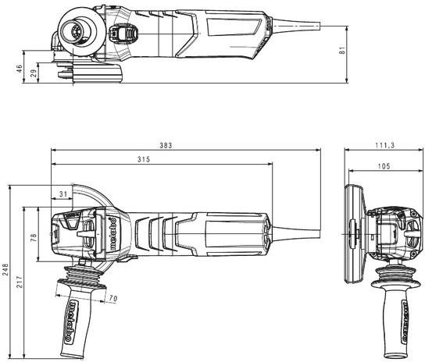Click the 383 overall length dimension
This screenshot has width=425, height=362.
[x=166, y=145]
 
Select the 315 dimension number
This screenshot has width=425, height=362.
[x=144, y=159]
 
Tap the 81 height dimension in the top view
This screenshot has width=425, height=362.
[x=343, y=51]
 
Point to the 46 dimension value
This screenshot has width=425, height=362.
[x=19, y=68]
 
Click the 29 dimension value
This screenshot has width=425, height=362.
[x=34, y=73]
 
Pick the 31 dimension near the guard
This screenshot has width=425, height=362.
[x=63, y=194]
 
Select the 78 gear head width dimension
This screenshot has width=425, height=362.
[x=34, y=237]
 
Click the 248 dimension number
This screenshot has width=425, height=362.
[x=5, y=269]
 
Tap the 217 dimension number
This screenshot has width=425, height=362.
[x=20, y=282]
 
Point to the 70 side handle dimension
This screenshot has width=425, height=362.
[x=113, y=298]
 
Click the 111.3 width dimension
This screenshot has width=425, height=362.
[x=384, y=145]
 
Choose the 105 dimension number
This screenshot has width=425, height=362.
[x=384, y=165]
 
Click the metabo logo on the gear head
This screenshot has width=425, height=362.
[x=113, y=233]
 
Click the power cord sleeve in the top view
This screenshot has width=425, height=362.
[x=296, y=26]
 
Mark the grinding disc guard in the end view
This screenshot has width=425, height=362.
[x=355, y=234]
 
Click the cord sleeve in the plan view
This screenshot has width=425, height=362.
[x=296, y=233]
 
